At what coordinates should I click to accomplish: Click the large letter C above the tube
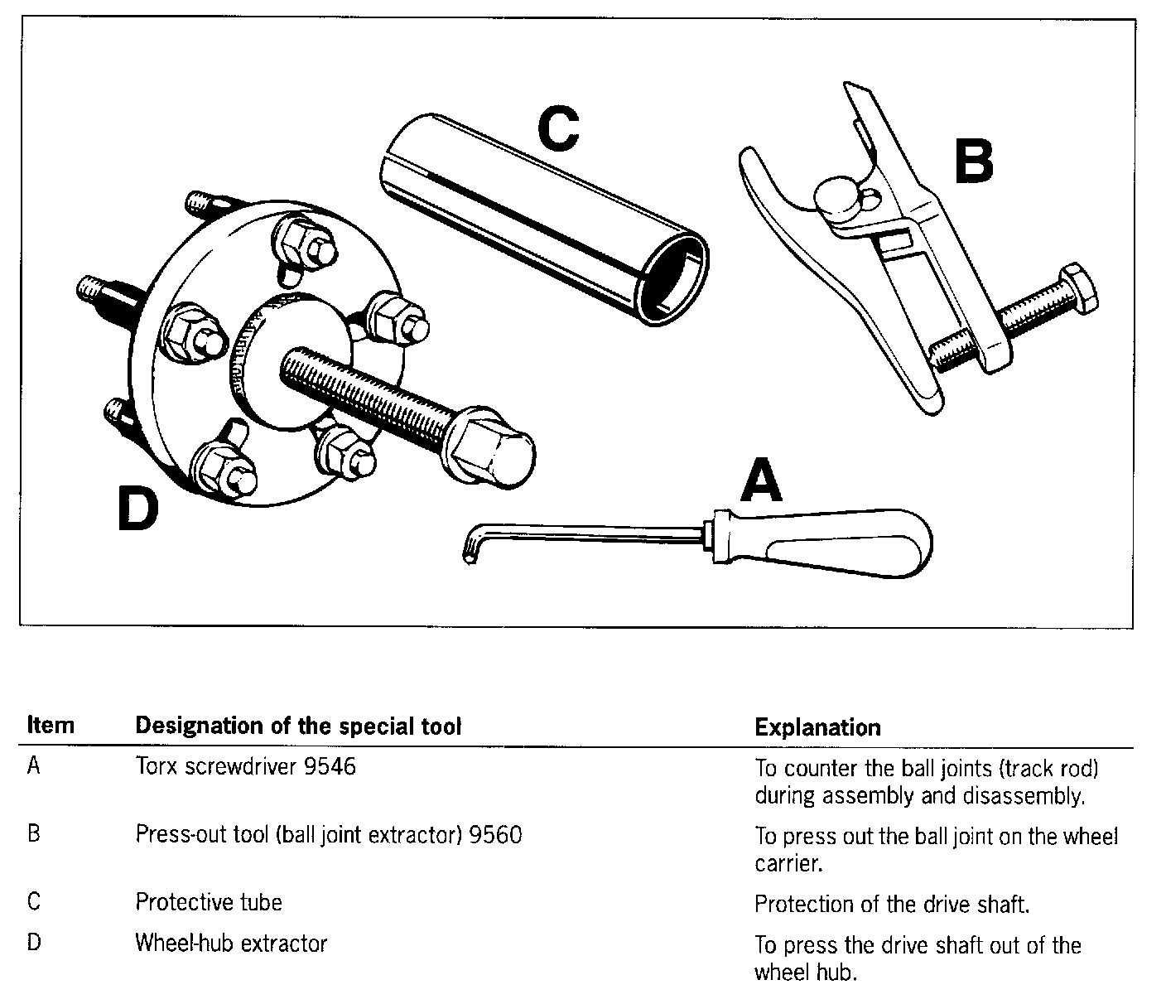click(558, 129)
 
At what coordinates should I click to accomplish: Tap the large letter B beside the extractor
click(973, 161)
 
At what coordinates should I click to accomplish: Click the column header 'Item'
click(51, 726)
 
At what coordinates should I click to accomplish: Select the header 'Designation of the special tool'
click(298, 726)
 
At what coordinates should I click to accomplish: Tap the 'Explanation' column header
click(817, 727)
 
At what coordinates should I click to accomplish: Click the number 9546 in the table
click(330, 766)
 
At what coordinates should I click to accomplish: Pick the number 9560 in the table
click(495, 834)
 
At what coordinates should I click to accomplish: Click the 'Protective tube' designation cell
click(209, 901)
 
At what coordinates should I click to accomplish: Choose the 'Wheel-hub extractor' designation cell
click(231, 943)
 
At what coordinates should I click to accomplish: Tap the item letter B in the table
click(33, 833)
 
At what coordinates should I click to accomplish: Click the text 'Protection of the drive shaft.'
click(892, 903)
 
